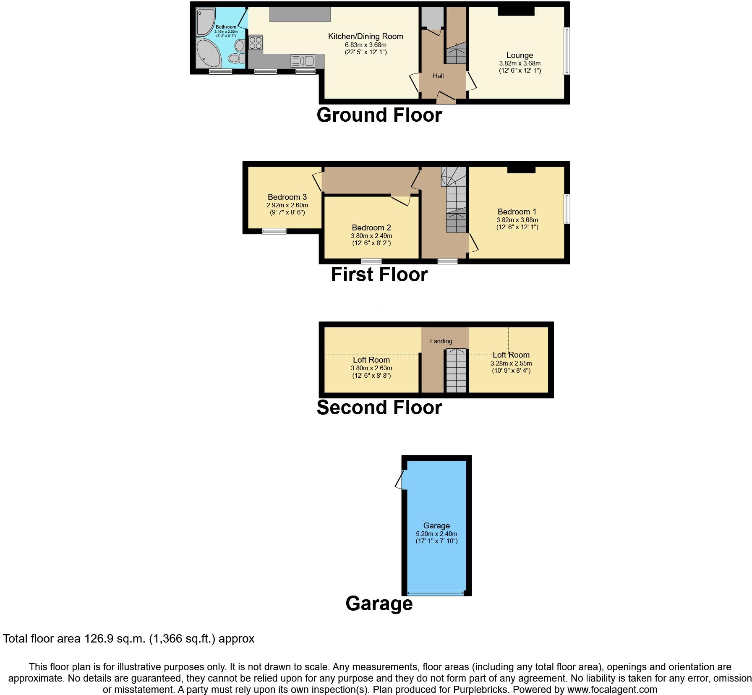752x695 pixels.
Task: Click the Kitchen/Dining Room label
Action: [x=365, y=37]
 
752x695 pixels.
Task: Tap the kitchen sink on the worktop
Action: [x=303, y=61]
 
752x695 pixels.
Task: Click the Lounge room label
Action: [x=520, y=55]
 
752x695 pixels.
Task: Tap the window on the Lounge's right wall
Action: [x=567, y=51]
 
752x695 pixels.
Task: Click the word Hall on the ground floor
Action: [x=438, y=76]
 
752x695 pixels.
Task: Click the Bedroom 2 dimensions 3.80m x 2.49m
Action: [x=371, y=236]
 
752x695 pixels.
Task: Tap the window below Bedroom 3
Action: [x=274, y=231]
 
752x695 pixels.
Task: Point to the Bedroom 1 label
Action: [x=517, y=212]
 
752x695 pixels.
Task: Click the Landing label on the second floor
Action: [x=441, y=341]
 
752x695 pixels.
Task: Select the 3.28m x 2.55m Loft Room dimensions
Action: [x=511, y=363]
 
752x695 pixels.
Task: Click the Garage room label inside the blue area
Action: [x=436, y=525]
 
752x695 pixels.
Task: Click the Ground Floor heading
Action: [x=379, y=115]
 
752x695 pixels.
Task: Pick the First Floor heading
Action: [x=379, y=274]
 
